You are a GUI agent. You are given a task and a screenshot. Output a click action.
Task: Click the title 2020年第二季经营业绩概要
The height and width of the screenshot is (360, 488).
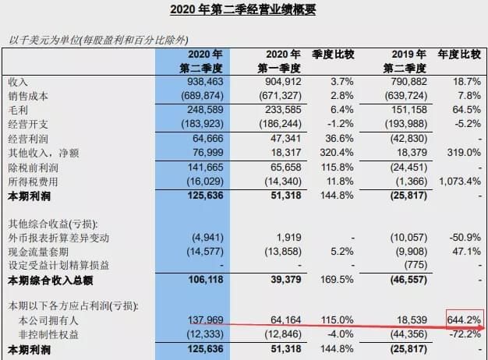click(244, 10)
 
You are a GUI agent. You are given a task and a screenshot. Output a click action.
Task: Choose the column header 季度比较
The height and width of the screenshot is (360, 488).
click(333, 55)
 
